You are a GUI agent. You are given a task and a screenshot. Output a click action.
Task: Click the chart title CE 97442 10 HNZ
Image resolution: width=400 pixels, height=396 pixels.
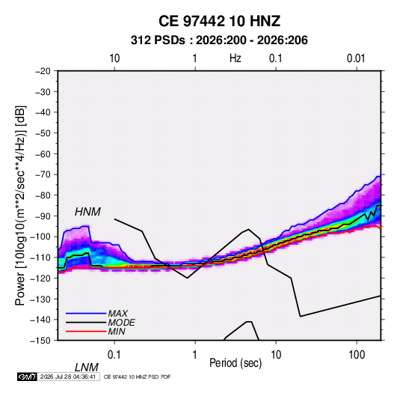(x=219, y=21)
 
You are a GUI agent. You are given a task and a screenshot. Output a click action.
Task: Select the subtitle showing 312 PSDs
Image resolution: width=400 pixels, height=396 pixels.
(x=219, y=40)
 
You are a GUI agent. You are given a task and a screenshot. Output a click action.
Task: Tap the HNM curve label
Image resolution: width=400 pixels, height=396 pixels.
(x=87, y=212)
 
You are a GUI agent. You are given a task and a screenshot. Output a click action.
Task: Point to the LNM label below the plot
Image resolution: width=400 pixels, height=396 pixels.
(x=87, y=368)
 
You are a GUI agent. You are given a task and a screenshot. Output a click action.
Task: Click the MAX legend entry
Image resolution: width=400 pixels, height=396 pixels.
(x=117, y=313)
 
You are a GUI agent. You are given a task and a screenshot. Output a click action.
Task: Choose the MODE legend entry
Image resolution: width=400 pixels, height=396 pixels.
(x=121, y=323)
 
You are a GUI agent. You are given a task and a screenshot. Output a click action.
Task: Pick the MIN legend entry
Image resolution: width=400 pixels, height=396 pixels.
(x=117, y=332)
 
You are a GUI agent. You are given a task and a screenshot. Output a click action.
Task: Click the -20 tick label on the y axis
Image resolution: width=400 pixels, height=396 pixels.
(x=43, y=71)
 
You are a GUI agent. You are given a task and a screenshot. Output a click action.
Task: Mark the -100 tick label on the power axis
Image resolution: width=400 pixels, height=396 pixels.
(x=40, y=237)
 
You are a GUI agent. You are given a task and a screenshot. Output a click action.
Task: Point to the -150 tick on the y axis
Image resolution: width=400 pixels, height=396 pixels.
(x=40, y=341)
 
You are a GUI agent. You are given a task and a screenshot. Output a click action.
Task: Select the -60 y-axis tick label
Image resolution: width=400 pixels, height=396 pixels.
(x=43, y=154)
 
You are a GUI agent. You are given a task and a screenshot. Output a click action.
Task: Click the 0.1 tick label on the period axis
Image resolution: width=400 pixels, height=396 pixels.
(x=114, y=354)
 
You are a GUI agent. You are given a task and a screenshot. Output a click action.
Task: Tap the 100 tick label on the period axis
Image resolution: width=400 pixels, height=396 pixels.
(x=357, y=354)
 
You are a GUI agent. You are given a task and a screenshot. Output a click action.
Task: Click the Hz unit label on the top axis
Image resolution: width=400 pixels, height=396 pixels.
(x=236, y=58)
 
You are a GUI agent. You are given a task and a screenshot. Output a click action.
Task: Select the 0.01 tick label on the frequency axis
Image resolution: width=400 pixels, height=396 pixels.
(x=356, y=58)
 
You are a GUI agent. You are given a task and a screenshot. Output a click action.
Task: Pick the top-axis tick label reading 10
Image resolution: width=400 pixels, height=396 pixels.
(x=114, y=58)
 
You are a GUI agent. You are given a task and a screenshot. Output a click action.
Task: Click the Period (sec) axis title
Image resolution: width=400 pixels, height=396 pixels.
(x=236, y=363)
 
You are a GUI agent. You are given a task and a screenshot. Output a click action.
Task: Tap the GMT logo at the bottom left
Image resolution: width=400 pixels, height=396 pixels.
(x=28, y=377)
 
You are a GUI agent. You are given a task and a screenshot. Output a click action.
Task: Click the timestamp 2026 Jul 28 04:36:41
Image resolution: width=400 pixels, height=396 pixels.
(x=68, y=377)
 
